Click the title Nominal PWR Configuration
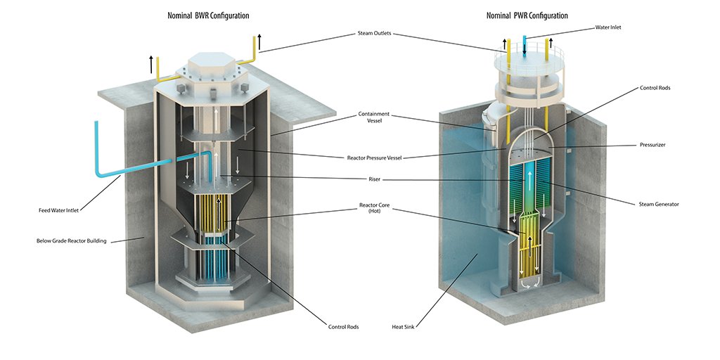[527, 15]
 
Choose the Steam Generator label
[659, 204]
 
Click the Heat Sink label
[404, 327]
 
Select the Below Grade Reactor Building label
[72, 241]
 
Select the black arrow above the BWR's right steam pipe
[260, 41]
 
